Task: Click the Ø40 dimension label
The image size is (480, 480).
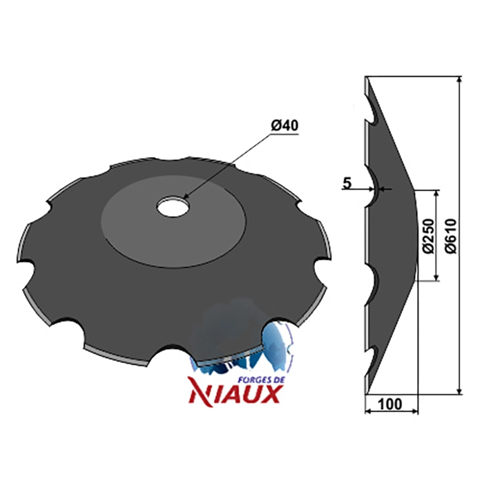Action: pos(284,125)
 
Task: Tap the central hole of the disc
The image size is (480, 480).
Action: pos(173,206)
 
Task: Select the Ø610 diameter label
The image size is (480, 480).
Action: pos(451,236)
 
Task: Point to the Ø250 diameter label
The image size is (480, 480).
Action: pos(428,236)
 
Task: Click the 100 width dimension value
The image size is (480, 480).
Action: pos(390,404)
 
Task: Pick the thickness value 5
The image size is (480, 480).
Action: pos(347,184)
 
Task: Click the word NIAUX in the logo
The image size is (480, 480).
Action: pos(235,394)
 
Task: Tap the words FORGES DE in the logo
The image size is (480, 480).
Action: pos(261,380)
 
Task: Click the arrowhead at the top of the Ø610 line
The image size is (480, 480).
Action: pos(458,80)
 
